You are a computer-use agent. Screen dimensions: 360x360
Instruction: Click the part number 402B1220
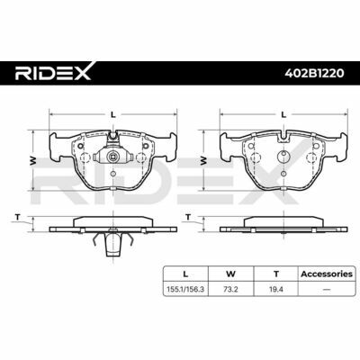pyautogui.click(x=314, y=73)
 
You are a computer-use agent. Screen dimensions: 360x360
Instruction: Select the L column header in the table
pyautogui.click(x=185, y=274)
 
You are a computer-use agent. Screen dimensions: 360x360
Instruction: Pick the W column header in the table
pyautogui.click(x=230, y=274)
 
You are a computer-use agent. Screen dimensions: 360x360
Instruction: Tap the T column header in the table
pyautogui.click(x=276, y=274)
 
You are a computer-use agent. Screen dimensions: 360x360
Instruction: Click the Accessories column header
pyautogui.click(x=327, y=274)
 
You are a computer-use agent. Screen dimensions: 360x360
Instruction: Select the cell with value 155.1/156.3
pyautogui.click(x=185, y=290)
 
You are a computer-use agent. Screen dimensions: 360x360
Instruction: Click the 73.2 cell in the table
pyautogui.click(x=230, y=290)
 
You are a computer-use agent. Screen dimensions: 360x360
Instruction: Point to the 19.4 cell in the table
pyautogui.click(x=276, y=290)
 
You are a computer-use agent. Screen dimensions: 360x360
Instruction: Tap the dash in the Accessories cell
pyautogui.click(x=327, y=290)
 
